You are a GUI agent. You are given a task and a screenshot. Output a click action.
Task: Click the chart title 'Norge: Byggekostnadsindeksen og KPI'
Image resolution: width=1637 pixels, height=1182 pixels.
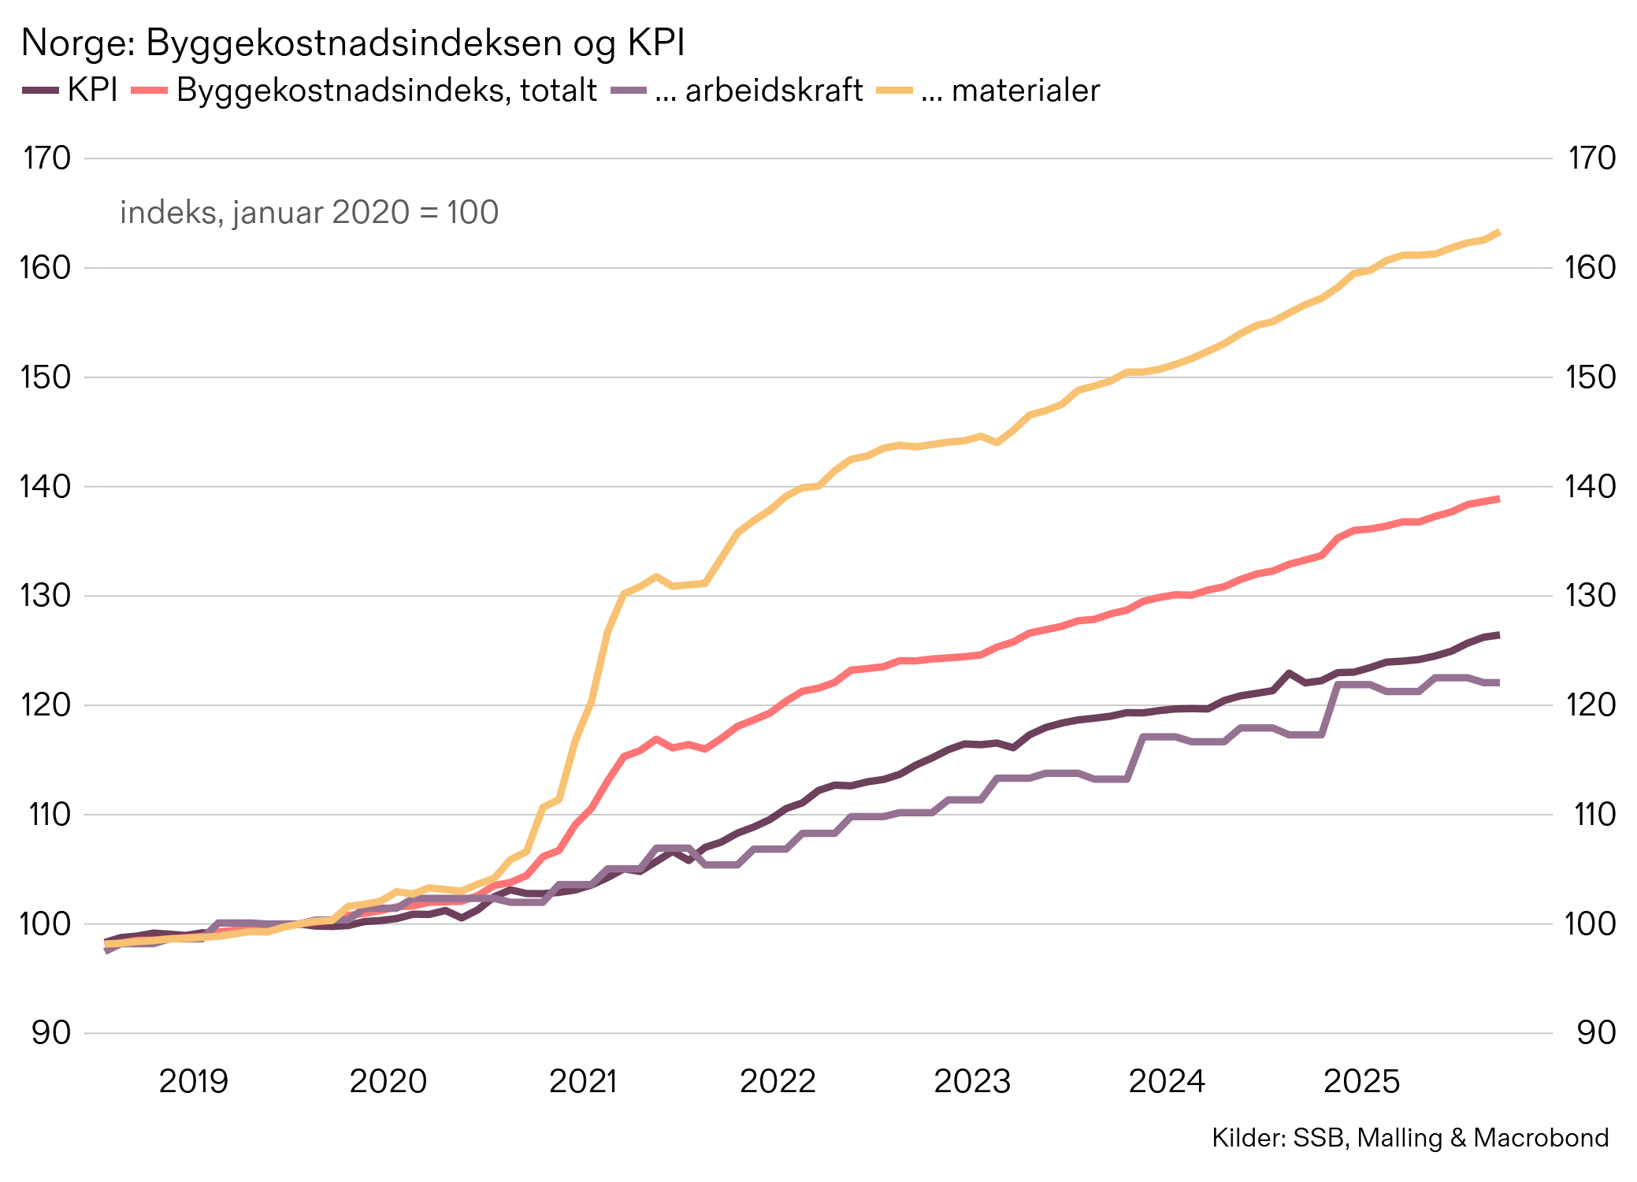coord(352,43)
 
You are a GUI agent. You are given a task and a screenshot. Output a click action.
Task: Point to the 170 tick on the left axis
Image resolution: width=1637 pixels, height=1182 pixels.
coord(47,158)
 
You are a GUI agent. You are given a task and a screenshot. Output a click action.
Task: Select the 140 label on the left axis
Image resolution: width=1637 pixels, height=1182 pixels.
coord(47,486)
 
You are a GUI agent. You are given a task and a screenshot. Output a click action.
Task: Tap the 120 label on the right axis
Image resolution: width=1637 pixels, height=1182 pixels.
coord(1591,704)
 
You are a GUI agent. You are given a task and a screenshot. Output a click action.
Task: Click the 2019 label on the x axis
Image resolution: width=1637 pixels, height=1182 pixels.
coord(193,1081)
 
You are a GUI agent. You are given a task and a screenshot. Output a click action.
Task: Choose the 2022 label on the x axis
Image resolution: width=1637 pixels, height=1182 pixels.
coord(778,1081)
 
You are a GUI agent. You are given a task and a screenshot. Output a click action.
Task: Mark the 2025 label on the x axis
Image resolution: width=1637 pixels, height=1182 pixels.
coord(1361,1081)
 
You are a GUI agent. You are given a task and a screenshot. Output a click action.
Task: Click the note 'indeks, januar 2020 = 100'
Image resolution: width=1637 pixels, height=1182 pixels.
coord(309,213)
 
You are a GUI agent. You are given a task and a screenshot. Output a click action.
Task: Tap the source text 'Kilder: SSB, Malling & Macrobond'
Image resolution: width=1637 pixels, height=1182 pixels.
coord(1409,1138)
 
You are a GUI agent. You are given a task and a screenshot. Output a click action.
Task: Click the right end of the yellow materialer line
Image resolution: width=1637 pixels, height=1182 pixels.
coord(1498,232)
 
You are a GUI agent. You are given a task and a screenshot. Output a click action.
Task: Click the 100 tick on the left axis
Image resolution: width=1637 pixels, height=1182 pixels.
coord(47,924)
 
